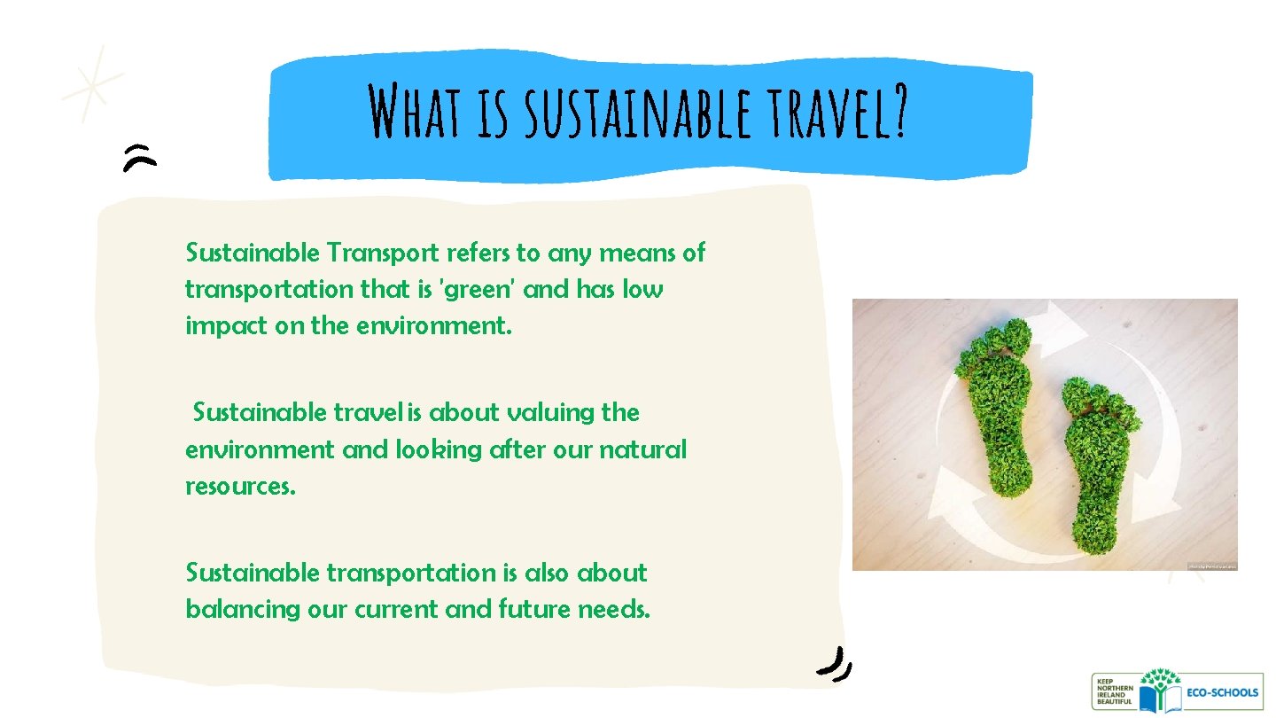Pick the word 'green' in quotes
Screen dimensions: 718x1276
(478, 291)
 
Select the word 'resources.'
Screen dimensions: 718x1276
(239, 488)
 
